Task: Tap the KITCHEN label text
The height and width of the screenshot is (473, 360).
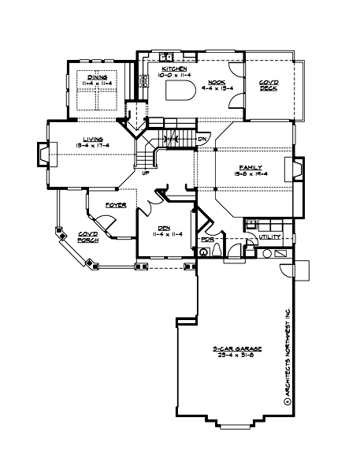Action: [174, 69]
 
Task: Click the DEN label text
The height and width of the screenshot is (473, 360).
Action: [165, 227]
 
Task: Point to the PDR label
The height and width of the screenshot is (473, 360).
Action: [208, 239]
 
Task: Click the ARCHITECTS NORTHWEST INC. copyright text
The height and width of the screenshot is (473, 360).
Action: [288, 355]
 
